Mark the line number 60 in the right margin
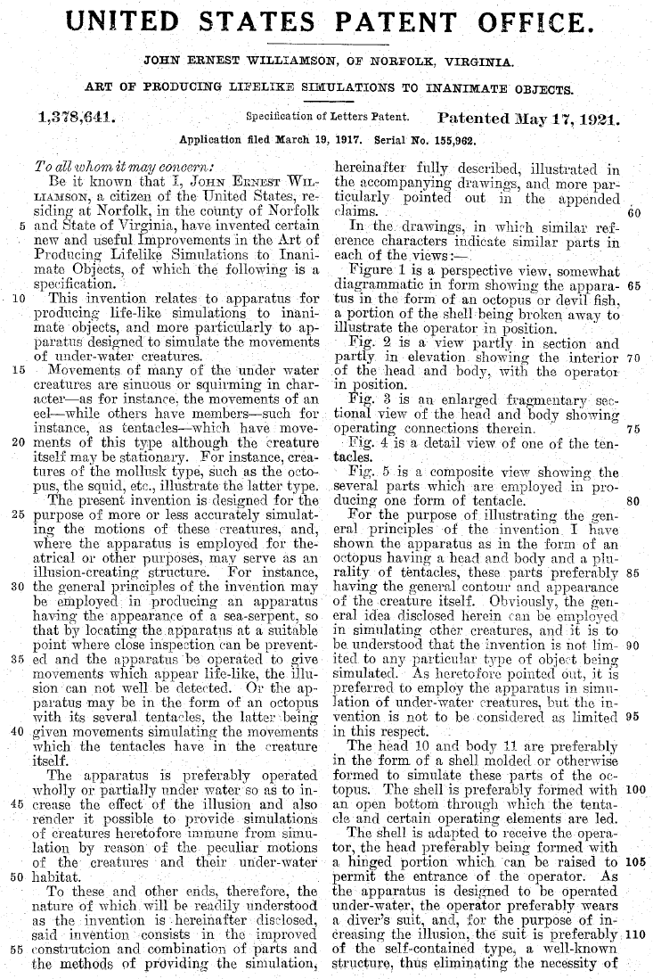634,212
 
